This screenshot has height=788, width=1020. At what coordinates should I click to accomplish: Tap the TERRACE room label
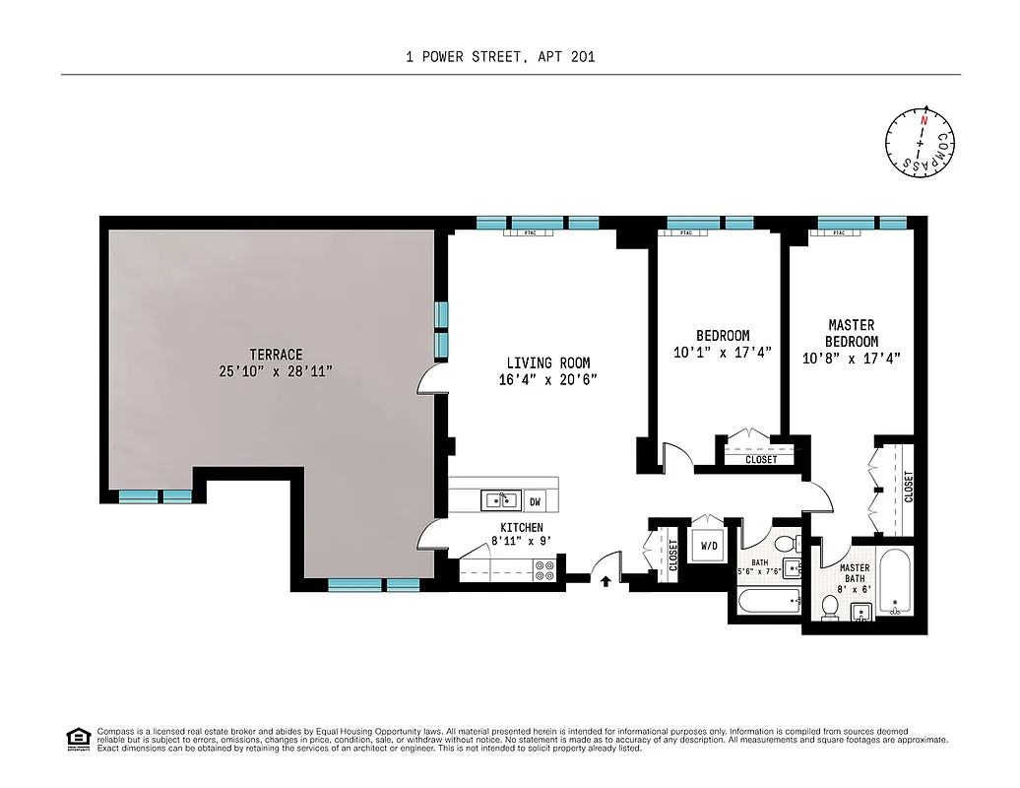coord(276,355)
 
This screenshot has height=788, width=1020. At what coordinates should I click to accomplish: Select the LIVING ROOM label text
coord(548,363)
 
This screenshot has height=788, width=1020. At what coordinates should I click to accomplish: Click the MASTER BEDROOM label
coord(852,333)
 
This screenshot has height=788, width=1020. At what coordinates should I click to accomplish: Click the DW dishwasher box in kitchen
coord(536,501)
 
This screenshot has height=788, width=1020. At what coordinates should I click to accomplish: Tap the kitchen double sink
coord(501,500)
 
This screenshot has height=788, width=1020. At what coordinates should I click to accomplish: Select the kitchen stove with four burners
coord(544,569)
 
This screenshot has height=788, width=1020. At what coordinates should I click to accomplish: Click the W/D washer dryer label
coord(709,545)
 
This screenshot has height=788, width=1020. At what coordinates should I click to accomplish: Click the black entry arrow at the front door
coord(606,581)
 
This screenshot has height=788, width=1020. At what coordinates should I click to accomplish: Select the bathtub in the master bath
coord(896,582)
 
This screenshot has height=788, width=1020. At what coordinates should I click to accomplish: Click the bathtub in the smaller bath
coord(769,600)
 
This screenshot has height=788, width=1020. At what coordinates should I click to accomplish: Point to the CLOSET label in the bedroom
coord(761,460)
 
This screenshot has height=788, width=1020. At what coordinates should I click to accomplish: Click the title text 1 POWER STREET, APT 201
coord(500,57)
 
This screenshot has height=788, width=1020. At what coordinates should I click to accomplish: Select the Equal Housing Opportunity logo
coord(77,738)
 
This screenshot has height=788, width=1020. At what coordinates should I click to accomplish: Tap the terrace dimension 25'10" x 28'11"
coord(276,370)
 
